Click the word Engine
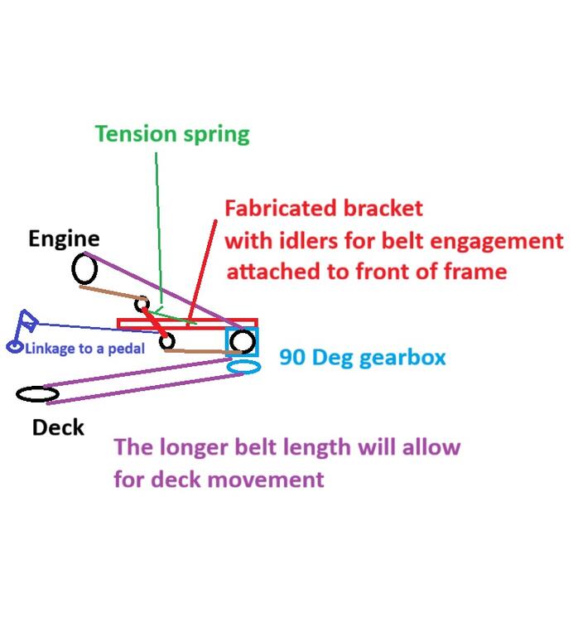click(x=64, y=239)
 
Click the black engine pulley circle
click(x=84, y=268)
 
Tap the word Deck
click(x=58, y=427)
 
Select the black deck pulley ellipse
click(x=37, y=393)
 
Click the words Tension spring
click(x=172, y=134)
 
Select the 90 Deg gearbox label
click(x=363, y=358)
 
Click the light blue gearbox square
click(x=242, y=341)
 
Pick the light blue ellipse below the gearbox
click(x=244, y=366)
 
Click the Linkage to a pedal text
click(x=84, y=349)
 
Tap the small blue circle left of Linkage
click(x=15, y=346)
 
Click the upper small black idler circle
click(x=142, y=304)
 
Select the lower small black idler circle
click(x=167, y=340)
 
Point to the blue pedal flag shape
click(x=27, y=319)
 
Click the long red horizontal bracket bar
click(x=187, y=323)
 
